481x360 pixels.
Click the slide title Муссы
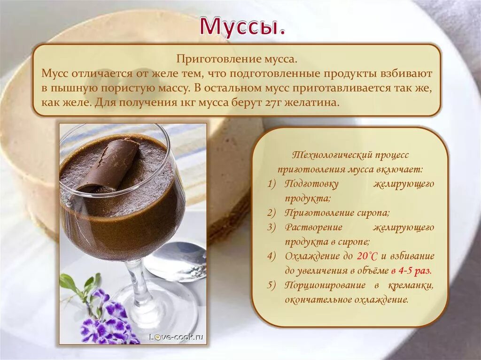click(242, 27)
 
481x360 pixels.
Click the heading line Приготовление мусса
click(237, 60)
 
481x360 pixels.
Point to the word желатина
click(314, 103)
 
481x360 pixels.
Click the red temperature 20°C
click(367, 256)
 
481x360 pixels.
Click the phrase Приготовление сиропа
click(337, 213)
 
